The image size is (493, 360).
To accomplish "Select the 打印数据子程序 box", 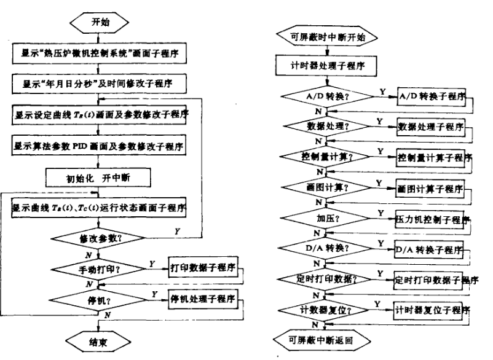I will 202,268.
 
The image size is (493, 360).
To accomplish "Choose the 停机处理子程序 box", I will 202,299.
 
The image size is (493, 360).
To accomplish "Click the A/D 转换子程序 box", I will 430,96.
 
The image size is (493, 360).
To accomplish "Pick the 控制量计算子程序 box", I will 433,157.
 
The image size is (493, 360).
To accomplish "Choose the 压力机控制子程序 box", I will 433,217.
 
